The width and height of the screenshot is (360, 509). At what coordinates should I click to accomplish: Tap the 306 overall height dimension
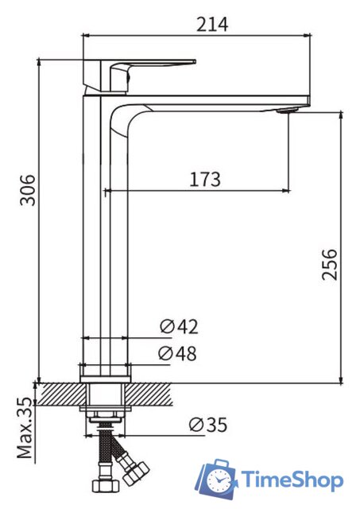28,189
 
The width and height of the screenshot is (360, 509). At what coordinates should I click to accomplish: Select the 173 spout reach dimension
204,179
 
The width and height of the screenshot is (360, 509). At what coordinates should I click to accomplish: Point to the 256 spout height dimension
329,264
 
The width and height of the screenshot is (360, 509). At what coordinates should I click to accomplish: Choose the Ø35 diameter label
207,425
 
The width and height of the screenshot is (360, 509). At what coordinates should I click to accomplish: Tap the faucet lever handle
151,64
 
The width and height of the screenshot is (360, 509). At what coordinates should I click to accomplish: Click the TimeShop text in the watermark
292,480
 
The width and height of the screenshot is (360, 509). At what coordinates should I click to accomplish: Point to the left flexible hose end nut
102,484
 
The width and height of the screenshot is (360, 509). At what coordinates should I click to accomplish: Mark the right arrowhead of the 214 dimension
306,35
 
